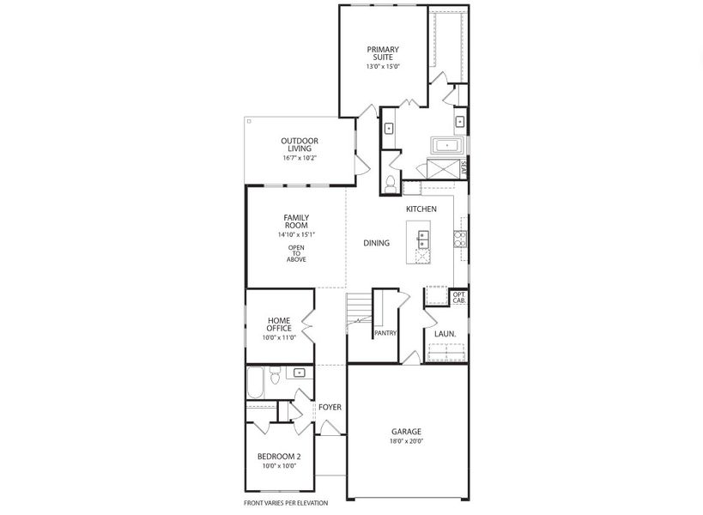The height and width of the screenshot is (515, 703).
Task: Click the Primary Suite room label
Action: coord(383,53)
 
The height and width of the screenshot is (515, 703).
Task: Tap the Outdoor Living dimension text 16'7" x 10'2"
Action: coord(300,158)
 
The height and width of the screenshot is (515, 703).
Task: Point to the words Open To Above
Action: coord(296,253)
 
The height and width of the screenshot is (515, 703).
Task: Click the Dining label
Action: coord(376,243)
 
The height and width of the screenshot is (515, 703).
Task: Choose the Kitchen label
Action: coord(421,209)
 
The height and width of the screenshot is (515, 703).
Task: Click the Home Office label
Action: coord(279,324)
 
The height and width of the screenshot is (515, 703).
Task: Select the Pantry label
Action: coord(385,333)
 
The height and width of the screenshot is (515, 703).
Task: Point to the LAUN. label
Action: coord(445,334)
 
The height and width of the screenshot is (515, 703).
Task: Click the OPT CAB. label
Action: coord(459,298)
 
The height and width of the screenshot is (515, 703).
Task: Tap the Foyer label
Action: coord(330,407)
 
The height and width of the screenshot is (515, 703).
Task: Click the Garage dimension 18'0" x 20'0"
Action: coord(407,442)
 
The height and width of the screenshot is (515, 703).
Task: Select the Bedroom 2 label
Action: coord(279,457)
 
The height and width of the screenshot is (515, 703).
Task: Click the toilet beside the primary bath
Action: coord(391,183)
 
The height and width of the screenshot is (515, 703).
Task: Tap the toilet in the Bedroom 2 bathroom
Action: coord(275,376)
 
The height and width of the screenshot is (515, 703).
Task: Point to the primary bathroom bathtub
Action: coord(446,145)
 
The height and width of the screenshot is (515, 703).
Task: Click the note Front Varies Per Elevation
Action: coord(286,503)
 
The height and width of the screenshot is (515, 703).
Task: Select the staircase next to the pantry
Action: coord(359,313)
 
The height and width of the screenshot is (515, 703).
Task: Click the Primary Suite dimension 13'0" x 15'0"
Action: coord(383,66)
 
